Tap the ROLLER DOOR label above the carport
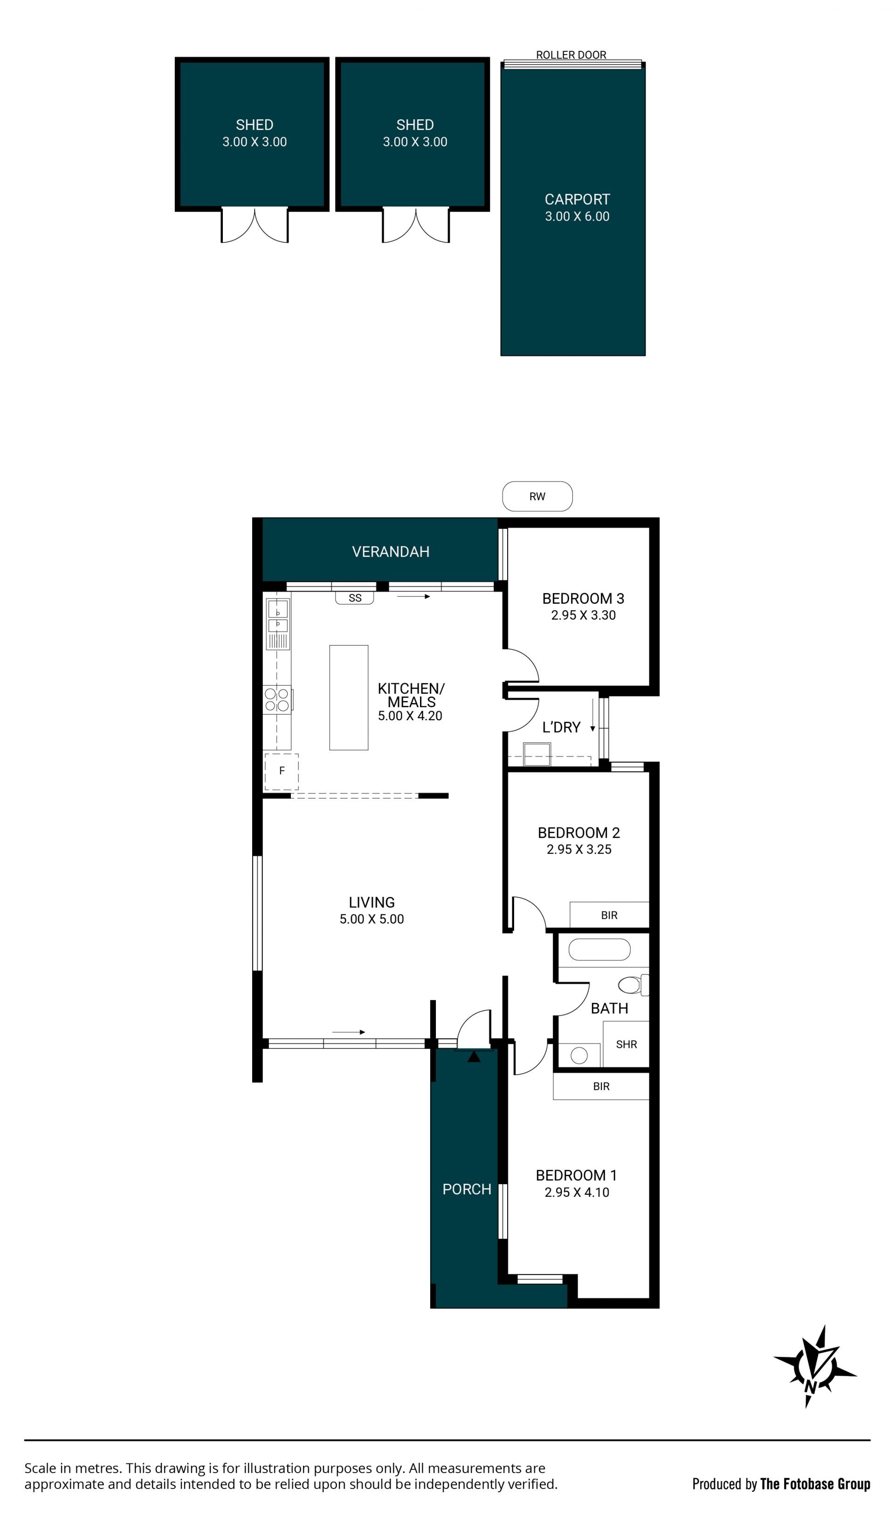pos(571,55)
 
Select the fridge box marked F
pos(281,772)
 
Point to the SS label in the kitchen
pos(355,598)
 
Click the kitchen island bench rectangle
pos(349,698)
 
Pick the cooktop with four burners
pos(277,700)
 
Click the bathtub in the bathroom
pos(599,949)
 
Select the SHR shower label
pos(626,1044)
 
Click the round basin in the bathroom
pos(579,1055)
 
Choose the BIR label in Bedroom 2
pos(609,915)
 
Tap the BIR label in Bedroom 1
pos(601,1086)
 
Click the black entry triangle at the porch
pos(474,1056)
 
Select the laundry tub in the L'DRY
pos(537,755)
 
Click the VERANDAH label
pos(391,552)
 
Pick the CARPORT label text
pos(577,199)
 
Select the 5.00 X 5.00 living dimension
pos(372,919)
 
